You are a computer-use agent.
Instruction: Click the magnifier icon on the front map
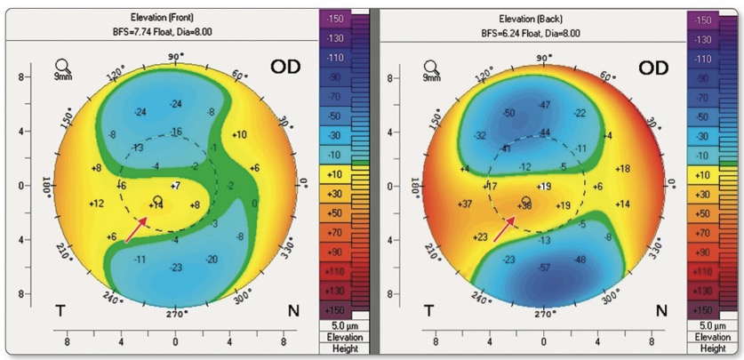pos(63,67)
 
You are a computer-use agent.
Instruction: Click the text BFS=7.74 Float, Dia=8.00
pos(174,32)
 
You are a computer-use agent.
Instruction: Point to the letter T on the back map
pos(428,310)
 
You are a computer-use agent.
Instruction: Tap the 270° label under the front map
pos(175,313)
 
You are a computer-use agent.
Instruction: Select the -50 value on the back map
pos(508,113)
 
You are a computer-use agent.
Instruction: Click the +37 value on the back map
pos(463,204)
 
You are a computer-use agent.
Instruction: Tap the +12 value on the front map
pos(97,204)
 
